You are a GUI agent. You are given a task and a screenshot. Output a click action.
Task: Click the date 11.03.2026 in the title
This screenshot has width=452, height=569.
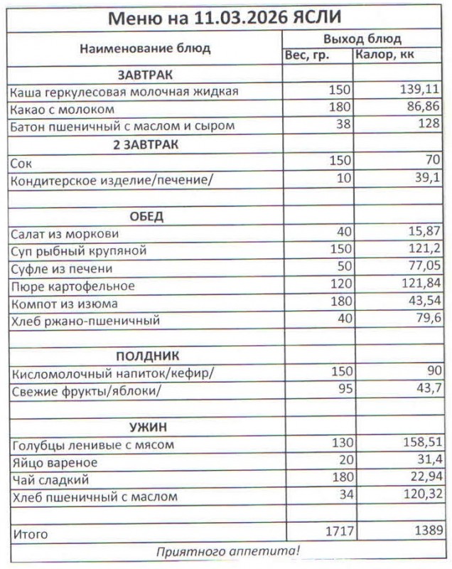coord(240,18)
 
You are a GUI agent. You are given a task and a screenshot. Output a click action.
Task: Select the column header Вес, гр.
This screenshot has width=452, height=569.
coord(307,55)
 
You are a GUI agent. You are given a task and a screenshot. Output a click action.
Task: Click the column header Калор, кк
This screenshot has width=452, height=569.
coord(386,55)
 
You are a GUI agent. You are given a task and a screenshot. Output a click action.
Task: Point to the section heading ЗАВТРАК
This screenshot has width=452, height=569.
coord(146,75)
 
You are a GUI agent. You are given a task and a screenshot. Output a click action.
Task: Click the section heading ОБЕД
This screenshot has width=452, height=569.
coord(146,216)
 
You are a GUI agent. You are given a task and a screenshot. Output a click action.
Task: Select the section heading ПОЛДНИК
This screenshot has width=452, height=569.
coord(146,356)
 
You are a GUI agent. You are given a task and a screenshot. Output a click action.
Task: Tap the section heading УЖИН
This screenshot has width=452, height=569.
coord(146,427)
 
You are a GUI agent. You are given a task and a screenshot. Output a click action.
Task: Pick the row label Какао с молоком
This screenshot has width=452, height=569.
coord(62,110)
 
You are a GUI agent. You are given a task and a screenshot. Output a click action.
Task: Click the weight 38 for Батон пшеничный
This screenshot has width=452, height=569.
coord(343,127)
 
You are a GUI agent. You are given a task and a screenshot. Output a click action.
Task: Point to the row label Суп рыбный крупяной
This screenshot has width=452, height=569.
coord(78,251)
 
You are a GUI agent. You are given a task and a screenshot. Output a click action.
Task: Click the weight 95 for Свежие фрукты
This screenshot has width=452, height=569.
coord(343,390)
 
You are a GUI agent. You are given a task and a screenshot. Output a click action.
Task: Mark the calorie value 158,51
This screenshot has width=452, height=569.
coord(421,445)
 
